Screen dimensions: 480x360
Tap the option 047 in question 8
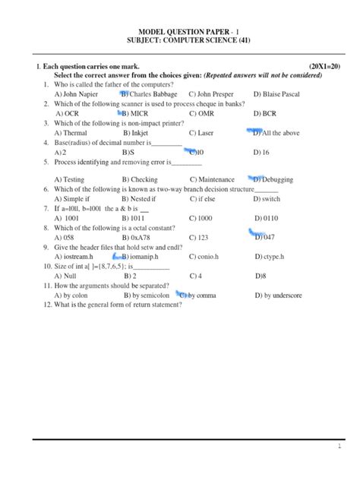coord(265,237)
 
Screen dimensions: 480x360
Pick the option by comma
coord(200,295)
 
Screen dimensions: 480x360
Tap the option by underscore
coord(280,295)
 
